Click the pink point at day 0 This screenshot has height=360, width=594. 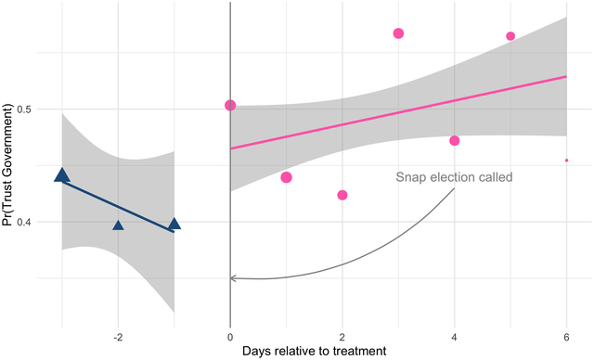pos(230,106)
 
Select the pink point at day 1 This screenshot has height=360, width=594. pos(286,177)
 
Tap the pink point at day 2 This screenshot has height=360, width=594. pos(342,195)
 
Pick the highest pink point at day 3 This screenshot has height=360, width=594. pos(398,33)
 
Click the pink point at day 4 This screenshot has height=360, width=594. pos(455,141)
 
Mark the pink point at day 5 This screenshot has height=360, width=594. pos(510,36)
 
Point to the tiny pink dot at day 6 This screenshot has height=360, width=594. pos(566,161)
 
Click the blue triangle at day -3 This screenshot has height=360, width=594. pos(62,175)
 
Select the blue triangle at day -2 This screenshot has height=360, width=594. pos(118,225)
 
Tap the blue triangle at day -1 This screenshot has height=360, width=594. pos(174,224)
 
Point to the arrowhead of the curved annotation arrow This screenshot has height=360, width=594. pos(232,277)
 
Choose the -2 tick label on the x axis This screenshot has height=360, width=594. pos(117,336)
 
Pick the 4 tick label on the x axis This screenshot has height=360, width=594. pos(455,336)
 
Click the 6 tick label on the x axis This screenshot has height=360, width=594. pos(566,336)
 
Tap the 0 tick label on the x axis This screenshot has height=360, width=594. pos(230,336)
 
